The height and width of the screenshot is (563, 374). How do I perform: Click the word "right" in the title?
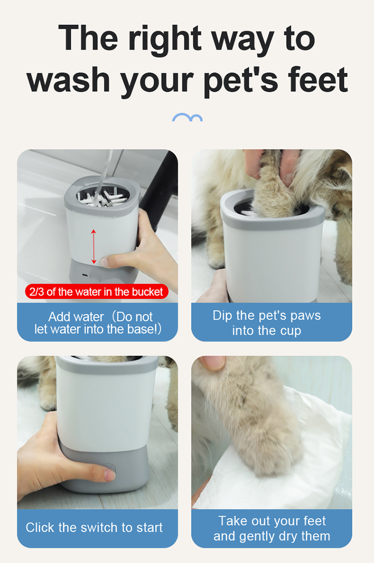click(165, 39)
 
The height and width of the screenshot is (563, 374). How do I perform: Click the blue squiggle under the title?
click(187, 117)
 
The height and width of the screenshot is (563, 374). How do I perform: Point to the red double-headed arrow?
click(94, 247)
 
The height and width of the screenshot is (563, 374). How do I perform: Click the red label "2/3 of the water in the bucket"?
click(97, 292)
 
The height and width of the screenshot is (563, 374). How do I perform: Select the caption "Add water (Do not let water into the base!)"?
click(98, 323)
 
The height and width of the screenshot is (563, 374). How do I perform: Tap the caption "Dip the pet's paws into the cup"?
click(267, 323)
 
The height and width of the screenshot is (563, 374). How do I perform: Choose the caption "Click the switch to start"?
click(94, 528)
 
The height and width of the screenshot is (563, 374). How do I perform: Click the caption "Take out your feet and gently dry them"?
click(272, 528)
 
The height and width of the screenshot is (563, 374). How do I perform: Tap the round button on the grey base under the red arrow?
click(95, 278)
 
